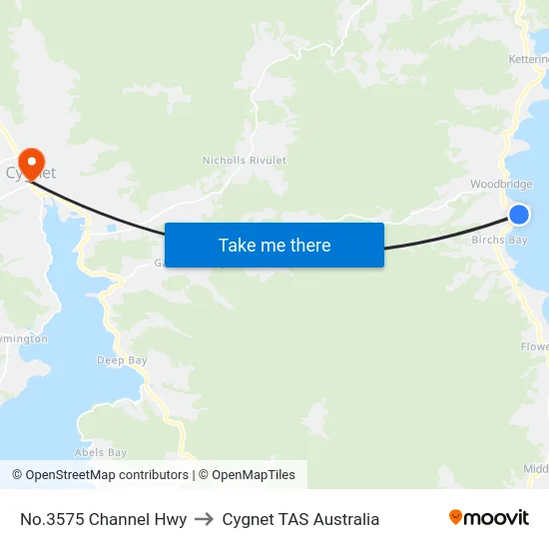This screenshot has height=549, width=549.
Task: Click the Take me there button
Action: tap(274, 245)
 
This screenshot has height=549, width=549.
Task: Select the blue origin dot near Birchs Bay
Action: tap(519, 215)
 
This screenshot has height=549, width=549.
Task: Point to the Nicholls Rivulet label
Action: tap(245, 160)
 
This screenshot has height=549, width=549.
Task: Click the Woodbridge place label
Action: tap(501, 185)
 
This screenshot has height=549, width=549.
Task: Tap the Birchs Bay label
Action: tap(499, 240)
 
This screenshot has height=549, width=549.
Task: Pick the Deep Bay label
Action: tap(122, 359)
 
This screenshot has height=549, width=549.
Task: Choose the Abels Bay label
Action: tap(101, 452)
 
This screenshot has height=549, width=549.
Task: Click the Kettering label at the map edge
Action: tap(529, 60)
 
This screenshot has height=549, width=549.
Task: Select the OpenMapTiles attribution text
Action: tap(247, 475)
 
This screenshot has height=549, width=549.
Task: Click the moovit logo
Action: tap(489, 518)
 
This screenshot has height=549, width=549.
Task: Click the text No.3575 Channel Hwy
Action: tap(103, 519)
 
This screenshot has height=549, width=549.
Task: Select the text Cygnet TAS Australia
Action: tap(300, 519)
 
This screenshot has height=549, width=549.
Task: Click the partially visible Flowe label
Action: tap(534, 346)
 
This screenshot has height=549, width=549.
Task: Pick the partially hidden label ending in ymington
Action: tap(24, 338)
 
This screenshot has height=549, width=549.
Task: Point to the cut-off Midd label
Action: tap(536, 469)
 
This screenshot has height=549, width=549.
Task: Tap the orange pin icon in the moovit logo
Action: tap(456, 517)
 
